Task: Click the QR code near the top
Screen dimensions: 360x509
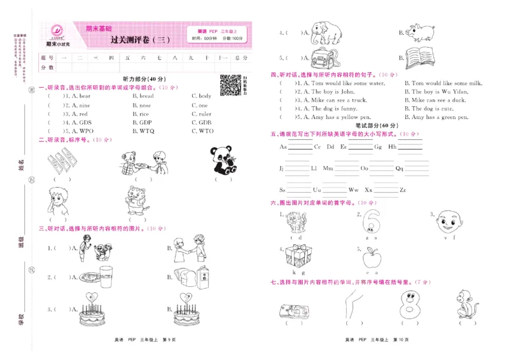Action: (x=230, y=86)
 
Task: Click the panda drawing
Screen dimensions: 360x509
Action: (x=223, y=160)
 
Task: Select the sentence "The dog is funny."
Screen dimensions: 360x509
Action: (x=337, y=109)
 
